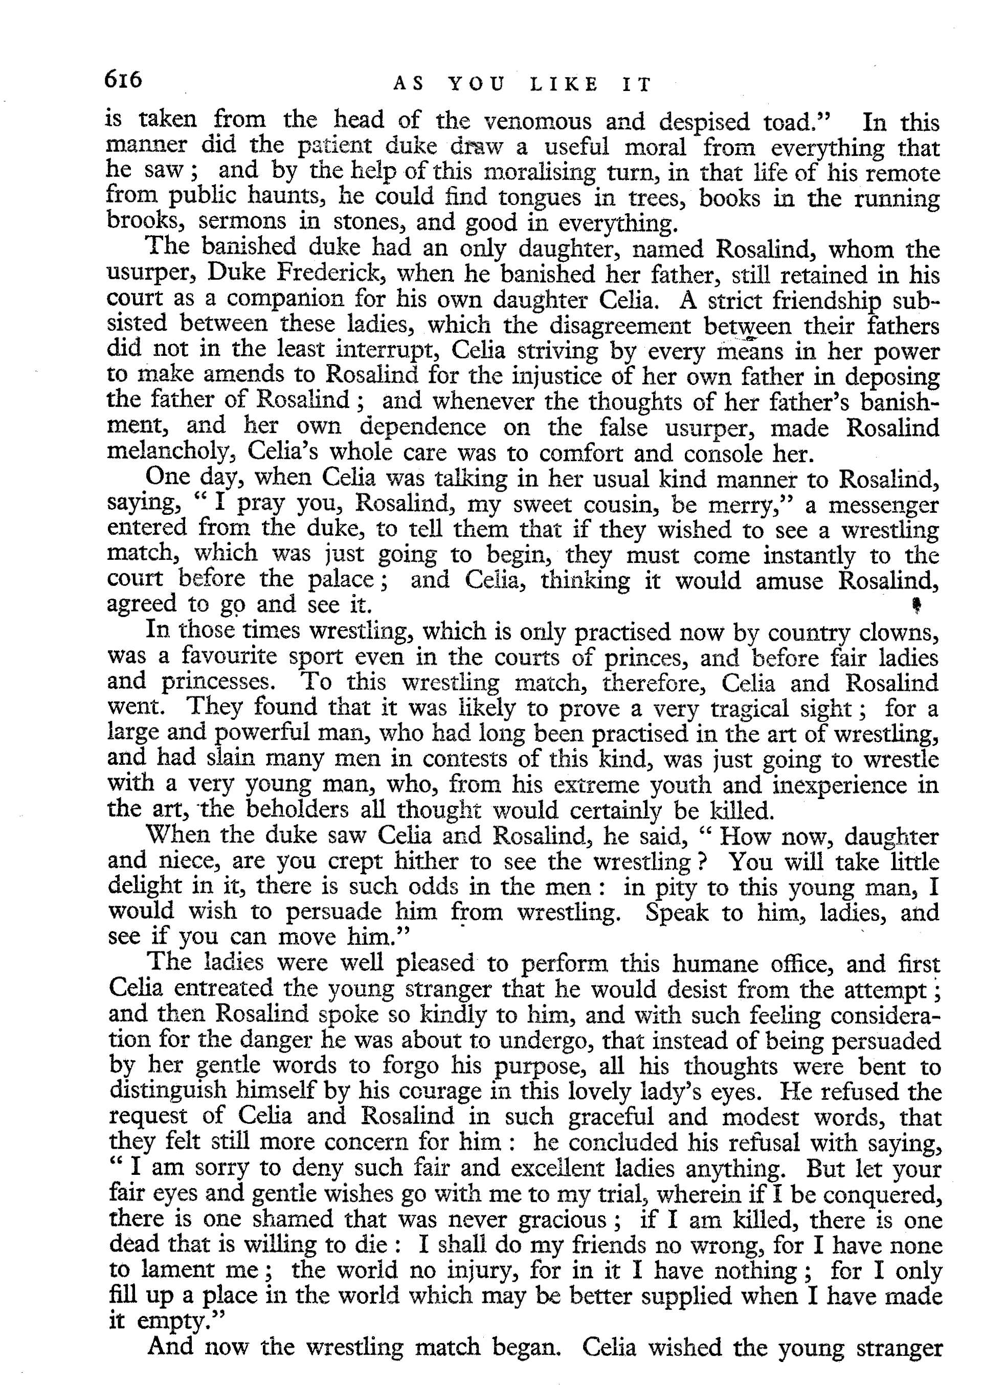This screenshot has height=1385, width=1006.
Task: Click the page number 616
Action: (123, 79)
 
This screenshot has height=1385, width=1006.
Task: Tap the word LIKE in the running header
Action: (563, 85)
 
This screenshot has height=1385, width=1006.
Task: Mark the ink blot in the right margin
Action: (916, 604)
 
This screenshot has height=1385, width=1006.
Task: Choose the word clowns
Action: (897, 631)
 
